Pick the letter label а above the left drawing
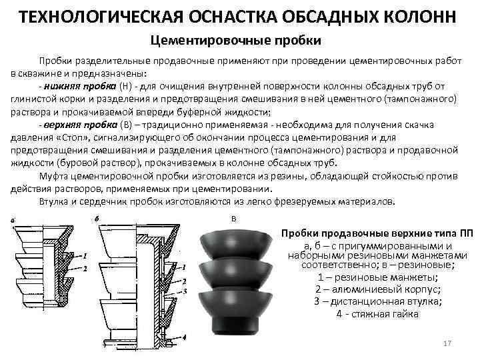click(14, 221)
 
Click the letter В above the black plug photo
click(233, 219)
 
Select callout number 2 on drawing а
click(85, 267)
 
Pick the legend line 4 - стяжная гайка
click(377, 313)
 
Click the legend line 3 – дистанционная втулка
click(377, 301)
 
